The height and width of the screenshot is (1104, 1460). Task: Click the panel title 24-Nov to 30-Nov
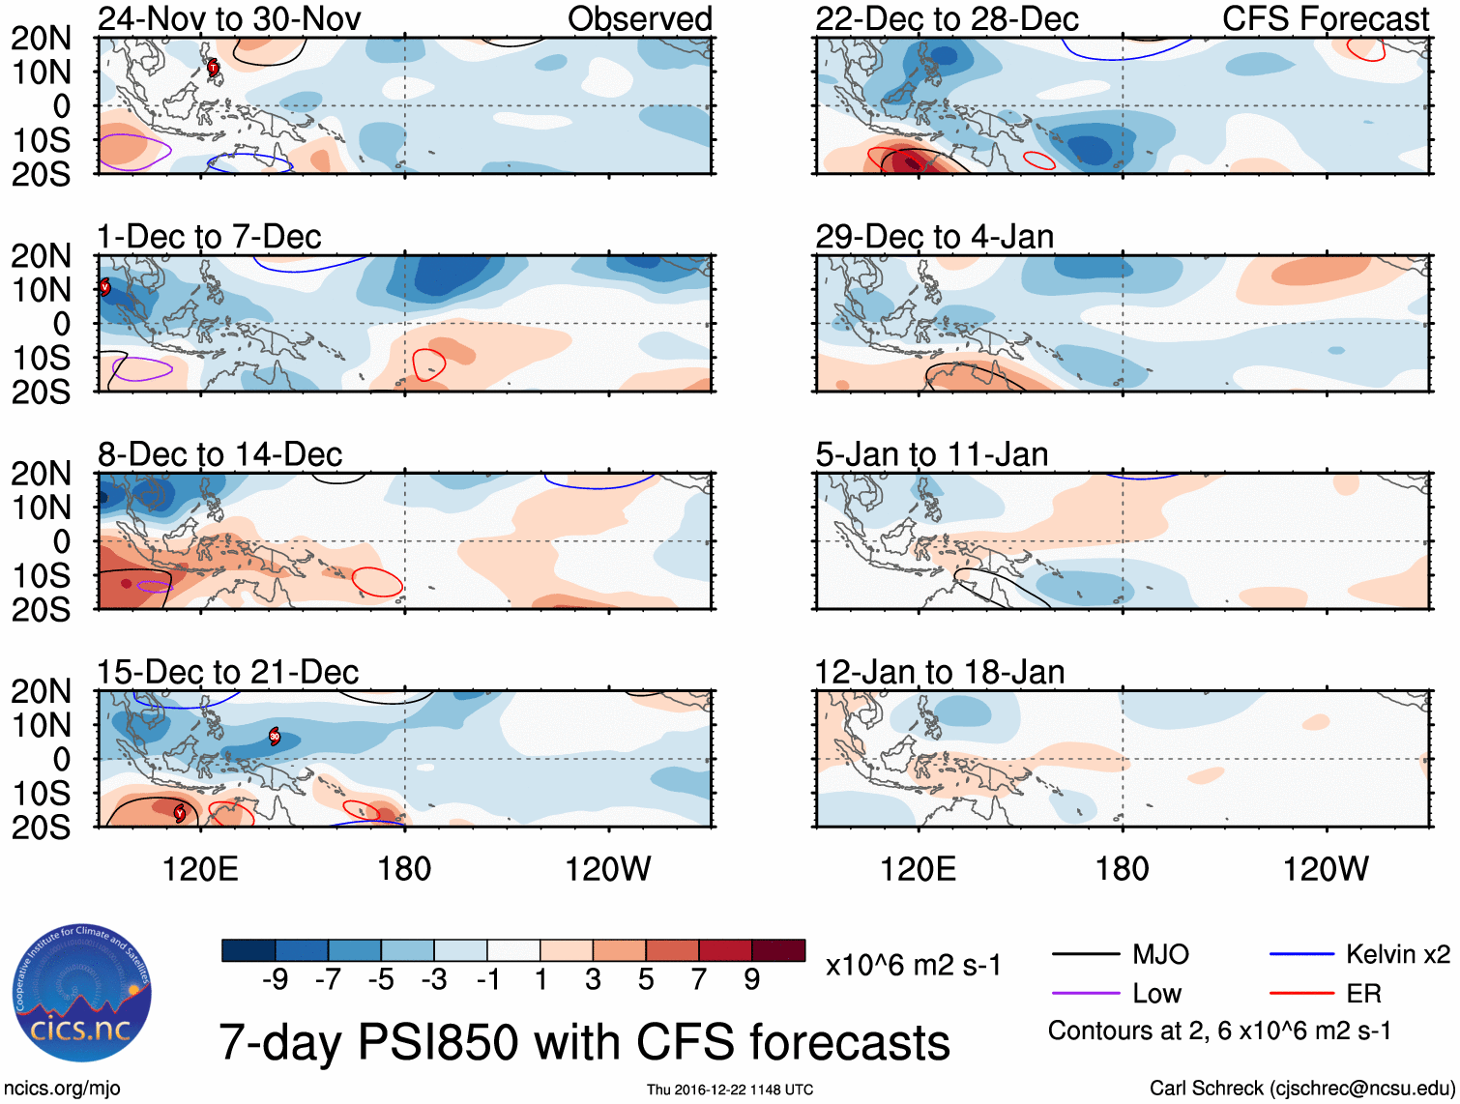point(229,18)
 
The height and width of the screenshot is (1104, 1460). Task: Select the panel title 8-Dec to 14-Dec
point(220,454)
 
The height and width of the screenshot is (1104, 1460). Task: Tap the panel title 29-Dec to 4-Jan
point(934,237)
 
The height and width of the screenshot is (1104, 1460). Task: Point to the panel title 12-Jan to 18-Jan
point(940,672)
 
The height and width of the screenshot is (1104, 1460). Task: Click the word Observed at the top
point(639,18)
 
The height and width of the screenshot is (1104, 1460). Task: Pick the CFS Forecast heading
point(1326,18)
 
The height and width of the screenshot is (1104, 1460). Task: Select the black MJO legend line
point(1085,955)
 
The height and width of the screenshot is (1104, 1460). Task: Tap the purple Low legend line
point(1085,993)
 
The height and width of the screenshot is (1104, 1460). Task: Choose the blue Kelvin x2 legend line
point(1301,955)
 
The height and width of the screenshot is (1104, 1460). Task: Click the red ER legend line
point(1301,993)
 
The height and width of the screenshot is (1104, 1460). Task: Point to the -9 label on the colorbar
point(275,980)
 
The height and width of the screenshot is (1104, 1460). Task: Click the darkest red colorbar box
point(778,950)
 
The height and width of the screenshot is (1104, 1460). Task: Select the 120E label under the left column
point(200,869)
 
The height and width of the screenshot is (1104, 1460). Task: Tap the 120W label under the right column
point(1326,869)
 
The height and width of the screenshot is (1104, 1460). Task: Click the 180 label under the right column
point(1122,869)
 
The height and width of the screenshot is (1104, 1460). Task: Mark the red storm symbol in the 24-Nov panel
point(214,67)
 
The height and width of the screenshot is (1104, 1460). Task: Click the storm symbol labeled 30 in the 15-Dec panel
point(275,737)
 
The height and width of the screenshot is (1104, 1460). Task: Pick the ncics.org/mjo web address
point(61,1089)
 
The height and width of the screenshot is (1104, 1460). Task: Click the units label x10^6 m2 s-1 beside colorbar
point(914,965)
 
